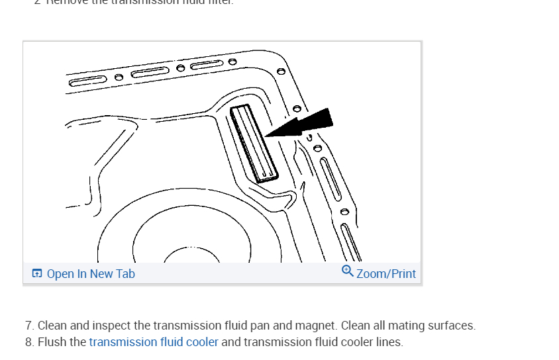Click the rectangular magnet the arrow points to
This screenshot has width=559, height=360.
click(x=254, y=142)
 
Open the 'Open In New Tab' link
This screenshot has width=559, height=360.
click(x=91, y=274)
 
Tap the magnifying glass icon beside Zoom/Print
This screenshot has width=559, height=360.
click(x=348, y=271)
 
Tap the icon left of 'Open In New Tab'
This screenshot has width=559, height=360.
click(x=37, y=274)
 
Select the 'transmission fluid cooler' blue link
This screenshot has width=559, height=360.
click(x=154, y=342)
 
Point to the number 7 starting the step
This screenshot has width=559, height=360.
click(x=29, y=326)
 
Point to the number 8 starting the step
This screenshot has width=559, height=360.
click(x=29, y=342)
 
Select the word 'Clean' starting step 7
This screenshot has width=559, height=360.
click(x=52, y=326)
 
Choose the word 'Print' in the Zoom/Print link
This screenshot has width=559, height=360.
click(x=401, y=274)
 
